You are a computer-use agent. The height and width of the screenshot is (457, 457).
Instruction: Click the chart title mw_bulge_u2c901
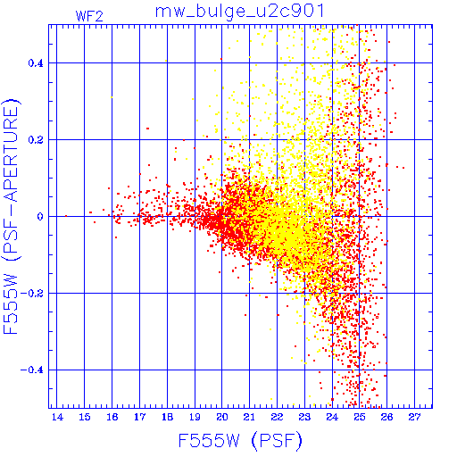pyautogui.click(x=239, y=12)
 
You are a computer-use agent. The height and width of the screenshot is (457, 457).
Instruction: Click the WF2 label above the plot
pyautogui.click(x=89, y=16)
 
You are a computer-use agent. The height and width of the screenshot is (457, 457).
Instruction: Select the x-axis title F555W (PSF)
pyautogui.click(x=240, y=440)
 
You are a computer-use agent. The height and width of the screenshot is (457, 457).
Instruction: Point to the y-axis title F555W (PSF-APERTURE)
pyautogui.click(x=12, y=216)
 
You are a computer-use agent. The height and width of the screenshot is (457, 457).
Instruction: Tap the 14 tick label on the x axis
pyautogui.click(x=57, y=417)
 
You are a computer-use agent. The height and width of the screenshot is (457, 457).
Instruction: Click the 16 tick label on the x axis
pyautogui.click(x=112, y=417)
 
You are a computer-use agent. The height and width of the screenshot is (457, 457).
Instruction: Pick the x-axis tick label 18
pyautogui.click(x=167, y=417)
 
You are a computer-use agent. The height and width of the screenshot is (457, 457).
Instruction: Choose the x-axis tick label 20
pyautogui.click(x=222, y=417)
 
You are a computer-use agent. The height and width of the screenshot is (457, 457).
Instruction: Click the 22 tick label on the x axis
pyautogui.click(x=277, y=417)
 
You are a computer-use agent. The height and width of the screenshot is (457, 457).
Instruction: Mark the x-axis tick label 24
pyautogui.click(x=332, y=417)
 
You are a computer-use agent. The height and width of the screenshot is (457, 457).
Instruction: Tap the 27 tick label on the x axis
pyautogui.click(x=414, y=417)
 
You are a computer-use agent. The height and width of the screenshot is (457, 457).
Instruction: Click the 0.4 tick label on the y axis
pyautogui.click(x=36, y=63)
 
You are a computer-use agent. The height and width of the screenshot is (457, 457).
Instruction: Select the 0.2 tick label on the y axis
pyautogui.click(x=36, y=140)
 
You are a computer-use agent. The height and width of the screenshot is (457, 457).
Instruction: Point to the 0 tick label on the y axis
pyautogui.click(x=40, y=217)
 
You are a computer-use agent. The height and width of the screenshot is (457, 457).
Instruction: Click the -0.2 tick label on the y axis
pyautogui.click(x=31, y=294)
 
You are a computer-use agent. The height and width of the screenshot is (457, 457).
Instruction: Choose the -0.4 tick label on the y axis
pyautogui.click(x=31, y=370)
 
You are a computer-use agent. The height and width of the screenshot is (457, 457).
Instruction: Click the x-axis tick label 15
pyautogui.click(x=85, y=417)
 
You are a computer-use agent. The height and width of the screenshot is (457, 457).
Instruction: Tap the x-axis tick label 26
pyautogui.click(x=386, y=417)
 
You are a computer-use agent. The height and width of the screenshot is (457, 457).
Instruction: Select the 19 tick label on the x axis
pyautogui.click(x=195, y=417)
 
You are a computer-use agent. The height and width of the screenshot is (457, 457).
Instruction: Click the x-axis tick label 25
pyautogui.click(x=360, y=417)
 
